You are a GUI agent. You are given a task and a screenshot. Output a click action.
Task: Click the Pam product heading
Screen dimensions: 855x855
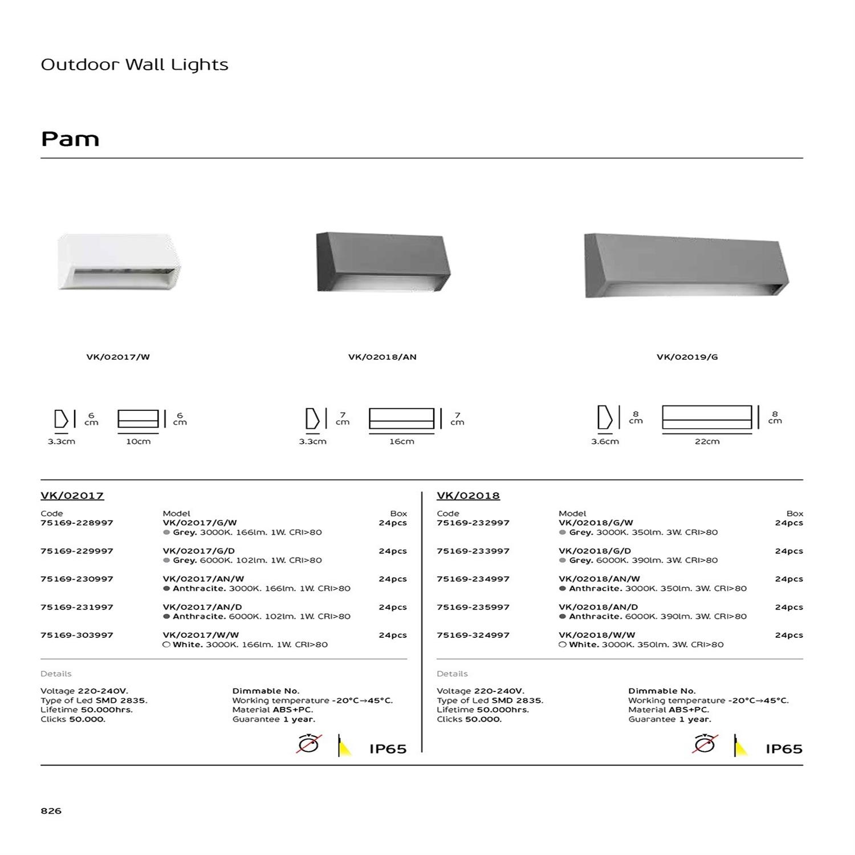tap(70, 139)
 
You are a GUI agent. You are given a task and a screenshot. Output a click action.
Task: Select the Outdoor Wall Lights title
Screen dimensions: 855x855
tap(135, 65)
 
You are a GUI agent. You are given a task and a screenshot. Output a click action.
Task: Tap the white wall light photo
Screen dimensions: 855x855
tap(119, 262)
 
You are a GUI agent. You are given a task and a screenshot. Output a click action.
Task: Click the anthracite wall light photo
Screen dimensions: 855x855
tap(384, 262)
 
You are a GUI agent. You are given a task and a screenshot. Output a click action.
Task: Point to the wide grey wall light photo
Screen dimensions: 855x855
tap(686, 265)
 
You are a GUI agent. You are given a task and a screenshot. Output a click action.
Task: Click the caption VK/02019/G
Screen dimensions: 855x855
tap(687, 357)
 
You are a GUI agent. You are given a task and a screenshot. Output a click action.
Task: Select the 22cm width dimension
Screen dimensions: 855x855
tap(707, 442)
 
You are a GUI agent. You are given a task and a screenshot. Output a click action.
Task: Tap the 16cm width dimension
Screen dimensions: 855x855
tap(401, 442)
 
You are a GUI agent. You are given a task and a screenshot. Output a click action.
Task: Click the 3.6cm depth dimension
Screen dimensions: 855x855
tap(605, 442)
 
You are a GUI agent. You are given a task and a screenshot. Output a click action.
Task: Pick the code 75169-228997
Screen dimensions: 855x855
tap(77, 523)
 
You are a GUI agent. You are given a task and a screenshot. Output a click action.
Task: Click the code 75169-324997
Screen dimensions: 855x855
tap(473, 635)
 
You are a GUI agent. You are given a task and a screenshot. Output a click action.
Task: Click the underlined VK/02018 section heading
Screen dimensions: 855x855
tap(468, 496)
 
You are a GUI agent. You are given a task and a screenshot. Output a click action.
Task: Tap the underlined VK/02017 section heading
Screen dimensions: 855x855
tap(72, 496)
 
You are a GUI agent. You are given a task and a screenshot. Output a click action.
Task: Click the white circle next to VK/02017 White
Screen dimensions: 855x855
tap(166, 645)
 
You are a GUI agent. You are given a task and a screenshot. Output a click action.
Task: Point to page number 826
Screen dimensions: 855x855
tap(51, 811)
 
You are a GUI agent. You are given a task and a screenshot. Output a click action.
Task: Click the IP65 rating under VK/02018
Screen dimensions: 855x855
tap(784, 749)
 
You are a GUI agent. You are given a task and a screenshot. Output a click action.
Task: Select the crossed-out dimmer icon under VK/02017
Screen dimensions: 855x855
tap(308, 744)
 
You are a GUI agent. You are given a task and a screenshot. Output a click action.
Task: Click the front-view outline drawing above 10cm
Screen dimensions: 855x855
tap(138, 419)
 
